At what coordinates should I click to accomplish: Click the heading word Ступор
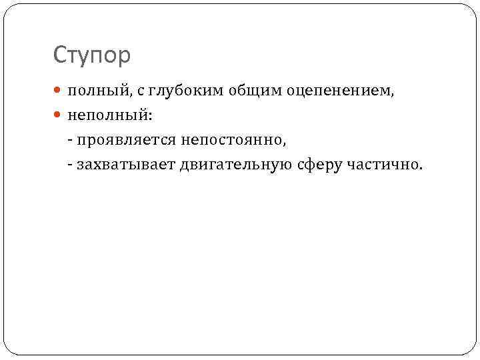coord(92,55)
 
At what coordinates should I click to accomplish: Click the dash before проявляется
coord(70,140)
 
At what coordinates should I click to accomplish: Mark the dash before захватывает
coord(70,165)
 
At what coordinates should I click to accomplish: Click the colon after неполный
coord(151,117)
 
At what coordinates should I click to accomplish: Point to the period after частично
coord(420,167)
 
